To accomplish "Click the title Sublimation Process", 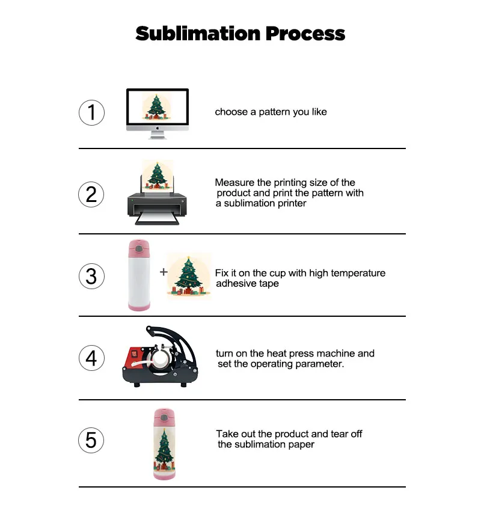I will click(x=240, y=33).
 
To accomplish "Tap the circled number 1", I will click(x=91, y=112).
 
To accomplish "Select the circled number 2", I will click(x=91, y=194).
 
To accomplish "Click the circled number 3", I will click(x=91, y=276).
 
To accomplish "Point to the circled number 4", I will click(x=91, y=358).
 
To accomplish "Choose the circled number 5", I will click(x=91, y=440).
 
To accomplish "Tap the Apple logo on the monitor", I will click(x=158, y=128).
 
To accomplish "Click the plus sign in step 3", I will click(x=164, y=272).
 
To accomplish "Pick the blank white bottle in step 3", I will click(x=139, y=277).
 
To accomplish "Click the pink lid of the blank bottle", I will click(x=139, y=247).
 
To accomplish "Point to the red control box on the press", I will click(x=136, y=361).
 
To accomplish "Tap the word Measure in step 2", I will click(x=234, y=182).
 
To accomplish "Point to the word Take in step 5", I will click(x=227, y=433).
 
